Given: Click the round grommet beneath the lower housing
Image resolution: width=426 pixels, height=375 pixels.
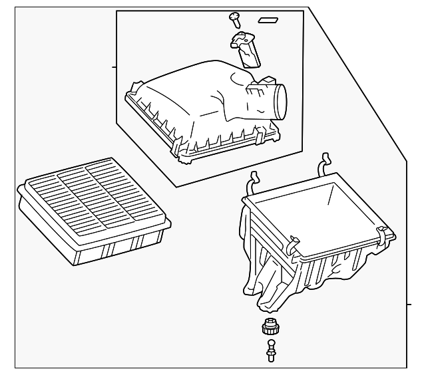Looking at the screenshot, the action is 270,327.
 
